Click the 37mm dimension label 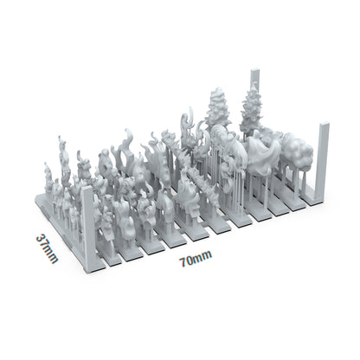[47, 247]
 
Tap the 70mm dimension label [196, 258]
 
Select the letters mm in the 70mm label [203, 259]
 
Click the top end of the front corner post [87, 190]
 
